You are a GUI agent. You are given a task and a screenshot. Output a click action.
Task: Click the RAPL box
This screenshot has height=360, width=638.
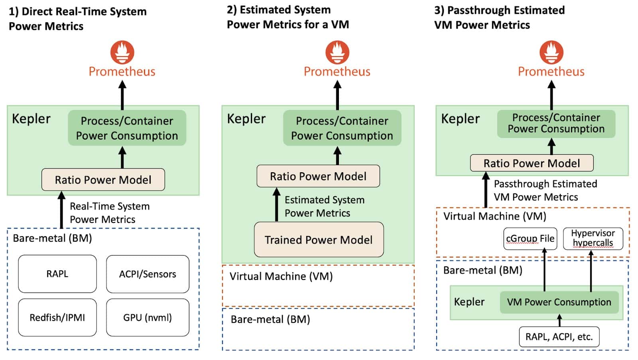point(57,274)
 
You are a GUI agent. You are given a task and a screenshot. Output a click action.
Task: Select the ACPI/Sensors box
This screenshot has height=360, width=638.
point(148,274)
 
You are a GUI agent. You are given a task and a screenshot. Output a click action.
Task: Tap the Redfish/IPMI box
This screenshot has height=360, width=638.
point(57,317)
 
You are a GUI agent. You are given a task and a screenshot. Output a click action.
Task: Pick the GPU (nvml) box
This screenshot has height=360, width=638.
point(148,317)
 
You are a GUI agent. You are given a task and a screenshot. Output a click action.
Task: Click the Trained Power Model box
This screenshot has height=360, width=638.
point(319,240)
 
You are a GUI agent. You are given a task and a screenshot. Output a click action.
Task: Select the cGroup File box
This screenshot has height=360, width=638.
point(530,238)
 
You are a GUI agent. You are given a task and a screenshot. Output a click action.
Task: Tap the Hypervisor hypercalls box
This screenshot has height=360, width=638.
point(593,238)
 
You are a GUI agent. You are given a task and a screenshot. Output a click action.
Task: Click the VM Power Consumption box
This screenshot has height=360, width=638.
point(559,302)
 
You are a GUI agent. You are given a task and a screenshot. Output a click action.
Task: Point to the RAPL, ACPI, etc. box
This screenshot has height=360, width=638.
point(559,337)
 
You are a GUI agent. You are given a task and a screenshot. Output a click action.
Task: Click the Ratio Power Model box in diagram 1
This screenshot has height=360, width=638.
point(103,180)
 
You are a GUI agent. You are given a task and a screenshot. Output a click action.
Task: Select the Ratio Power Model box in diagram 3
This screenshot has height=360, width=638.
point(532,163)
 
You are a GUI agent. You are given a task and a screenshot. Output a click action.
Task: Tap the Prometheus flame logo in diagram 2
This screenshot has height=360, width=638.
point(337,52)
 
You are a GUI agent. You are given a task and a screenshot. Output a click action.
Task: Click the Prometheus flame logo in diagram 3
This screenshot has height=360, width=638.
point(551,52)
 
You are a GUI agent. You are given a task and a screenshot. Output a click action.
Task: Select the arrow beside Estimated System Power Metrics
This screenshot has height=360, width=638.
point(276,205)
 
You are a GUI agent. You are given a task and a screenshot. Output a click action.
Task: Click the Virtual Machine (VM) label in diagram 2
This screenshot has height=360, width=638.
point(281,276)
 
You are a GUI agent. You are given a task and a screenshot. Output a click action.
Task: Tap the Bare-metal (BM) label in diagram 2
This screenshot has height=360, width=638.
point(270,319)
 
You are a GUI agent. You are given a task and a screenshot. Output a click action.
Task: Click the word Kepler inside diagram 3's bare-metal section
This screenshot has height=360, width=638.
point(469,302)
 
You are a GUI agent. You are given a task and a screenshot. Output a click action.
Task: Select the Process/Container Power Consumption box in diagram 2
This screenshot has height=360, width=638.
point(342,128)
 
